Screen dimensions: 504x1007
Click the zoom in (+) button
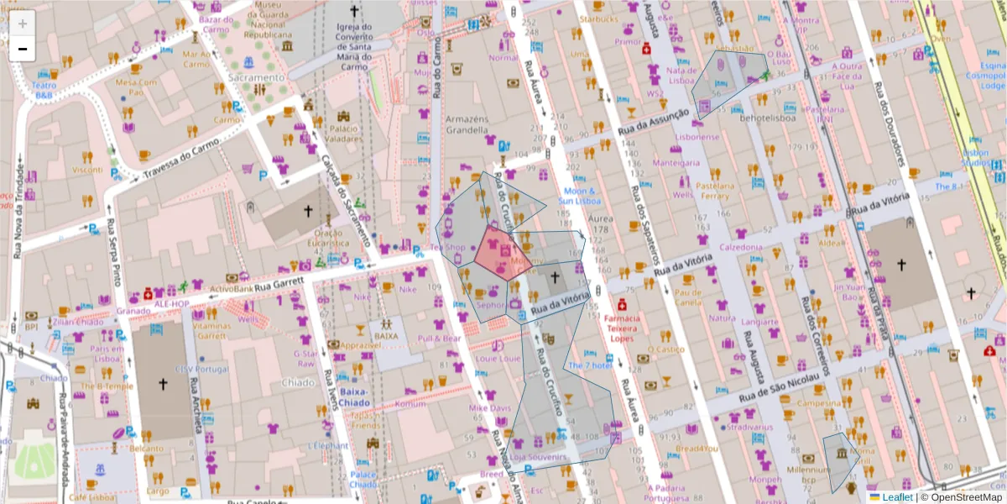tap(23, 24)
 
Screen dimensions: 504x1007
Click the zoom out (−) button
tap(23, 49)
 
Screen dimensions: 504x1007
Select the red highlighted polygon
tap(501, 252)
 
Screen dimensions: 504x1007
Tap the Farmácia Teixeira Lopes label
tap(622, 328)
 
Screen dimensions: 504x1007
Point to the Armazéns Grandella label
tap(468, 124)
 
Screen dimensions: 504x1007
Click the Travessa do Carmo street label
tap(180, 158)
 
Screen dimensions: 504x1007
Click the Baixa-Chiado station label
tap(356, 396)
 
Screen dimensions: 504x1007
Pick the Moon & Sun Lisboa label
tap(580, 197)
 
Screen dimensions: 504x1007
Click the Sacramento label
tap(255, 76)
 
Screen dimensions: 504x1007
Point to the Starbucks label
tap(597, 18)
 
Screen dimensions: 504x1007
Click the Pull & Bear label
tap(441, 339)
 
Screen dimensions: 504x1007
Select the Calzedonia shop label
tap(740, 247)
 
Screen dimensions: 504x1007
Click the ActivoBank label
tap(232, 288)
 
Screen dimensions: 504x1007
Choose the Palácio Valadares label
tap(345, 134)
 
